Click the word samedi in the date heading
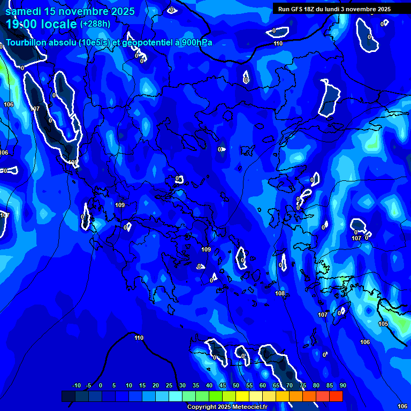(25, 11)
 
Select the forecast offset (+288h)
(95, 24)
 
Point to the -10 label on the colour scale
(76, 386)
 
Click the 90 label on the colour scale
(342, 386)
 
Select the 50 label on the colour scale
(235, 386)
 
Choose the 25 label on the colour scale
(169, 386)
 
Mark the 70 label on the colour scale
(289, 386)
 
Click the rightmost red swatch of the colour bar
(336, 396)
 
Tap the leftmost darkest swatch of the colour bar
(68, 396)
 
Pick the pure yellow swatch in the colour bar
(242, 396)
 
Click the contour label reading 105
(383, 324)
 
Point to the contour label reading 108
(280, 294)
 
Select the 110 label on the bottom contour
(139, 338)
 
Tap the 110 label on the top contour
(278, 44)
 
